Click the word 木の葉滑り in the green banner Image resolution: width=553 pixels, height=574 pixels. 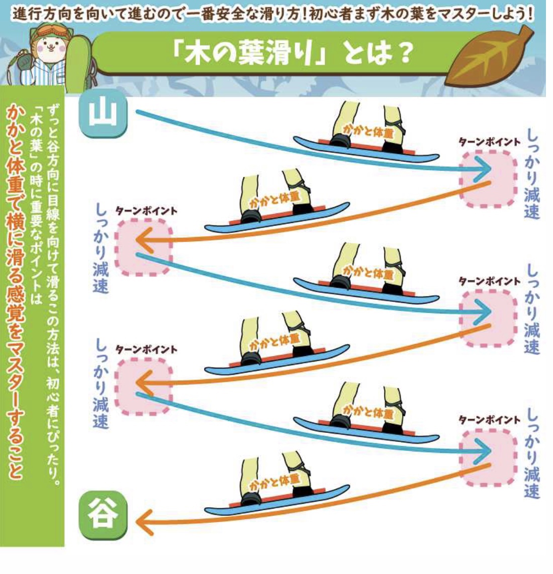point(249,53)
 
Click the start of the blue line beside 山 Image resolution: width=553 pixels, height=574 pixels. point(137,111)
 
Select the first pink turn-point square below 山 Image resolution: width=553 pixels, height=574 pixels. point(489,179)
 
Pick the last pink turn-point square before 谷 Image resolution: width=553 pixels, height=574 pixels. point(489,457)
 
